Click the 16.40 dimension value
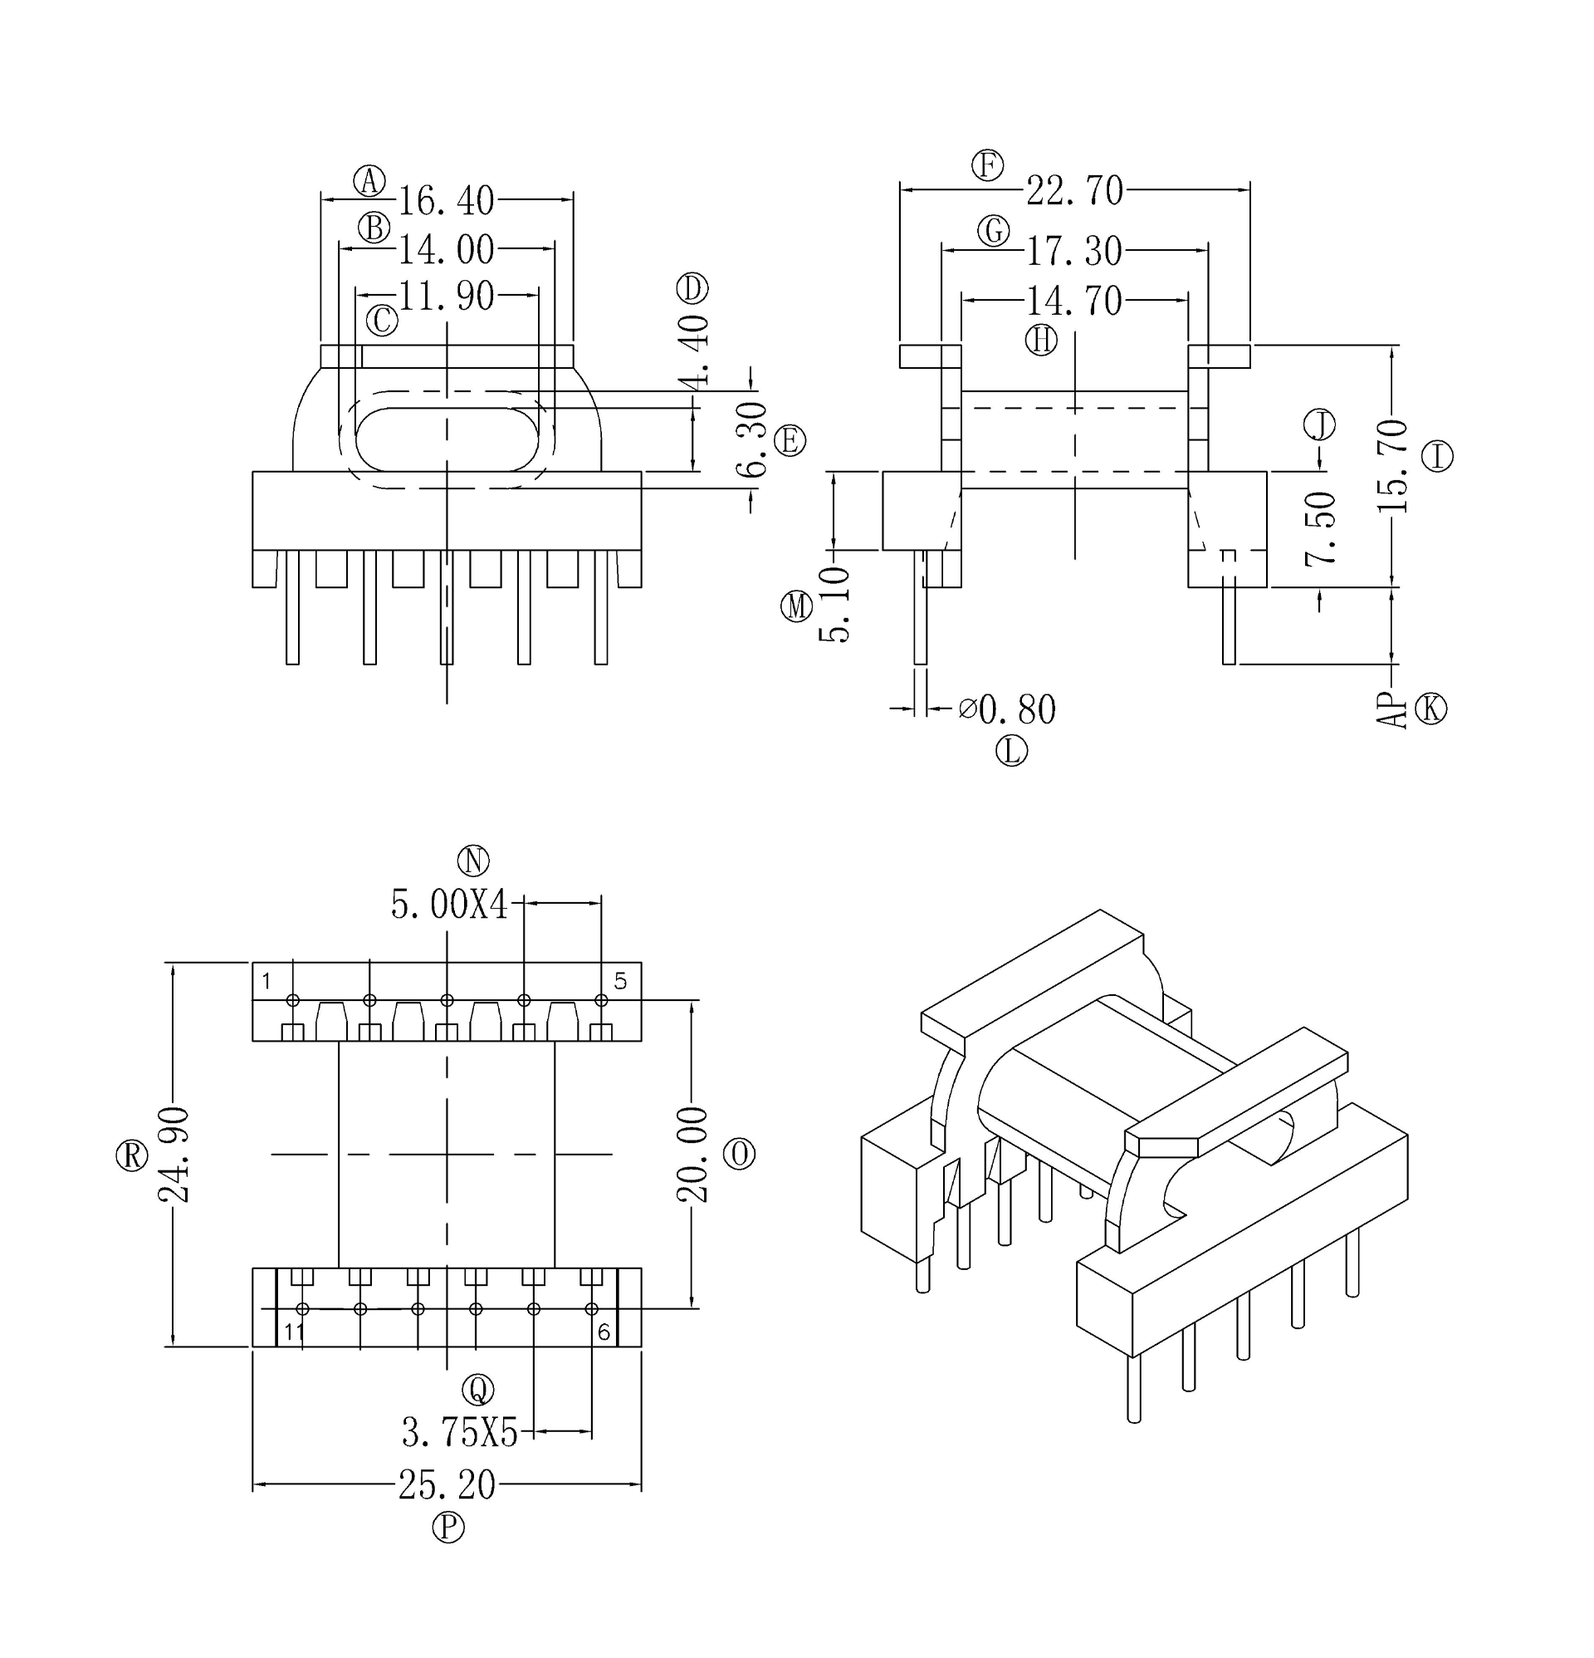pos(446,201)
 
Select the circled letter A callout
pos(369,180)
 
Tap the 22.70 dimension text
pos(1074,191)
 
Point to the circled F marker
pos(987,165)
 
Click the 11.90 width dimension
pos(446,296)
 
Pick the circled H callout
pos(1041,340)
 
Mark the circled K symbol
pos(1430,708)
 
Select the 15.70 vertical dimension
pos(1392,466)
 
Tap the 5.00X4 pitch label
pos(449,905)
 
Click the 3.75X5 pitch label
pos(459,1433)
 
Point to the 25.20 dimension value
pos(447,1485)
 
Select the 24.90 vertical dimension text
pos(174,1154)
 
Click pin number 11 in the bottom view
pos(293,1332)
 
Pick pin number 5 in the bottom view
pos(621,981)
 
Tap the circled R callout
pos(131,1155)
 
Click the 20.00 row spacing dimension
pos(692,1154)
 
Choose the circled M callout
pos(795,606)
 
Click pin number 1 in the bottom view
pos(266,981)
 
